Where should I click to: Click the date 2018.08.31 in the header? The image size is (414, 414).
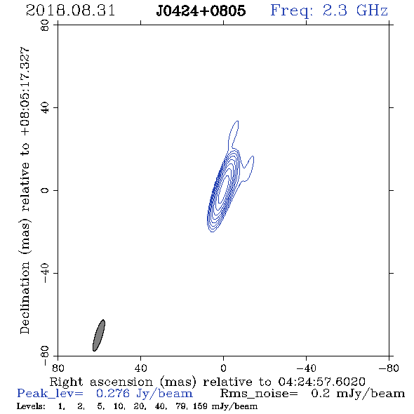pos(70,11)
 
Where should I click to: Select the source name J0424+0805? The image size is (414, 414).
pos(201,11)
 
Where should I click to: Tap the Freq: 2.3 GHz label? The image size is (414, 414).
pos(329,11)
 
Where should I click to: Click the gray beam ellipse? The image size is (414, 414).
pos(99,335)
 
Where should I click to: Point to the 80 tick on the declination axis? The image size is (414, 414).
pos(46,25)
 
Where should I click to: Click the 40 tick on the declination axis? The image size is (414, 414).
pos(46,108)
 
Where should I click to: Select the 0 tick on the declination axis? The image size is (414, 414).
pos(46,190)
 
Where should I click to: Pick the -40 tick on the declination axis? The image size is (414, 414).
pos(46,273)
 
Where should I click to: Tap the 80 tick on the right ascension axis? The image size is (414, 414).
pos(58,368)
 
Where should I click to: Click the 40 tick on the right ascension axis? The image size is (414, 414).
pos(140,368)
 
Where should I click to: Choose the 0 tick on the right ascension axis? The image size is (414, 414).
pos(223,368)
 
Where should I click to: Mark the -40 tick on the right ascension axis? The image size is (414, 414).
pos(306,368)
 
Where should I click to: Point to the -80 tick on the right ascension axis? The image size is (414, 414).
pos(389,368)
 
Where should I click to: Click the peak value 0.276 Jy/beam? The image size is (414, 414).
pos(145,394)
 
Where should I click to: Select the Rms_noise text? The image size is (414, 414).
pos(259,394)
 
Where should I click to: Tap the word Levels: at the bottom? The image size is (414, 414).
pos(31,406)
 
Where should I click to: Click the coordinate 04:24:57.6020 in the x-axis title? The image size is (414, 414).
pos(321,382)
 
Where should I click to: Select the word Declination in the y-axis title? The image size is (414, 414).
pos(25,298)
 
